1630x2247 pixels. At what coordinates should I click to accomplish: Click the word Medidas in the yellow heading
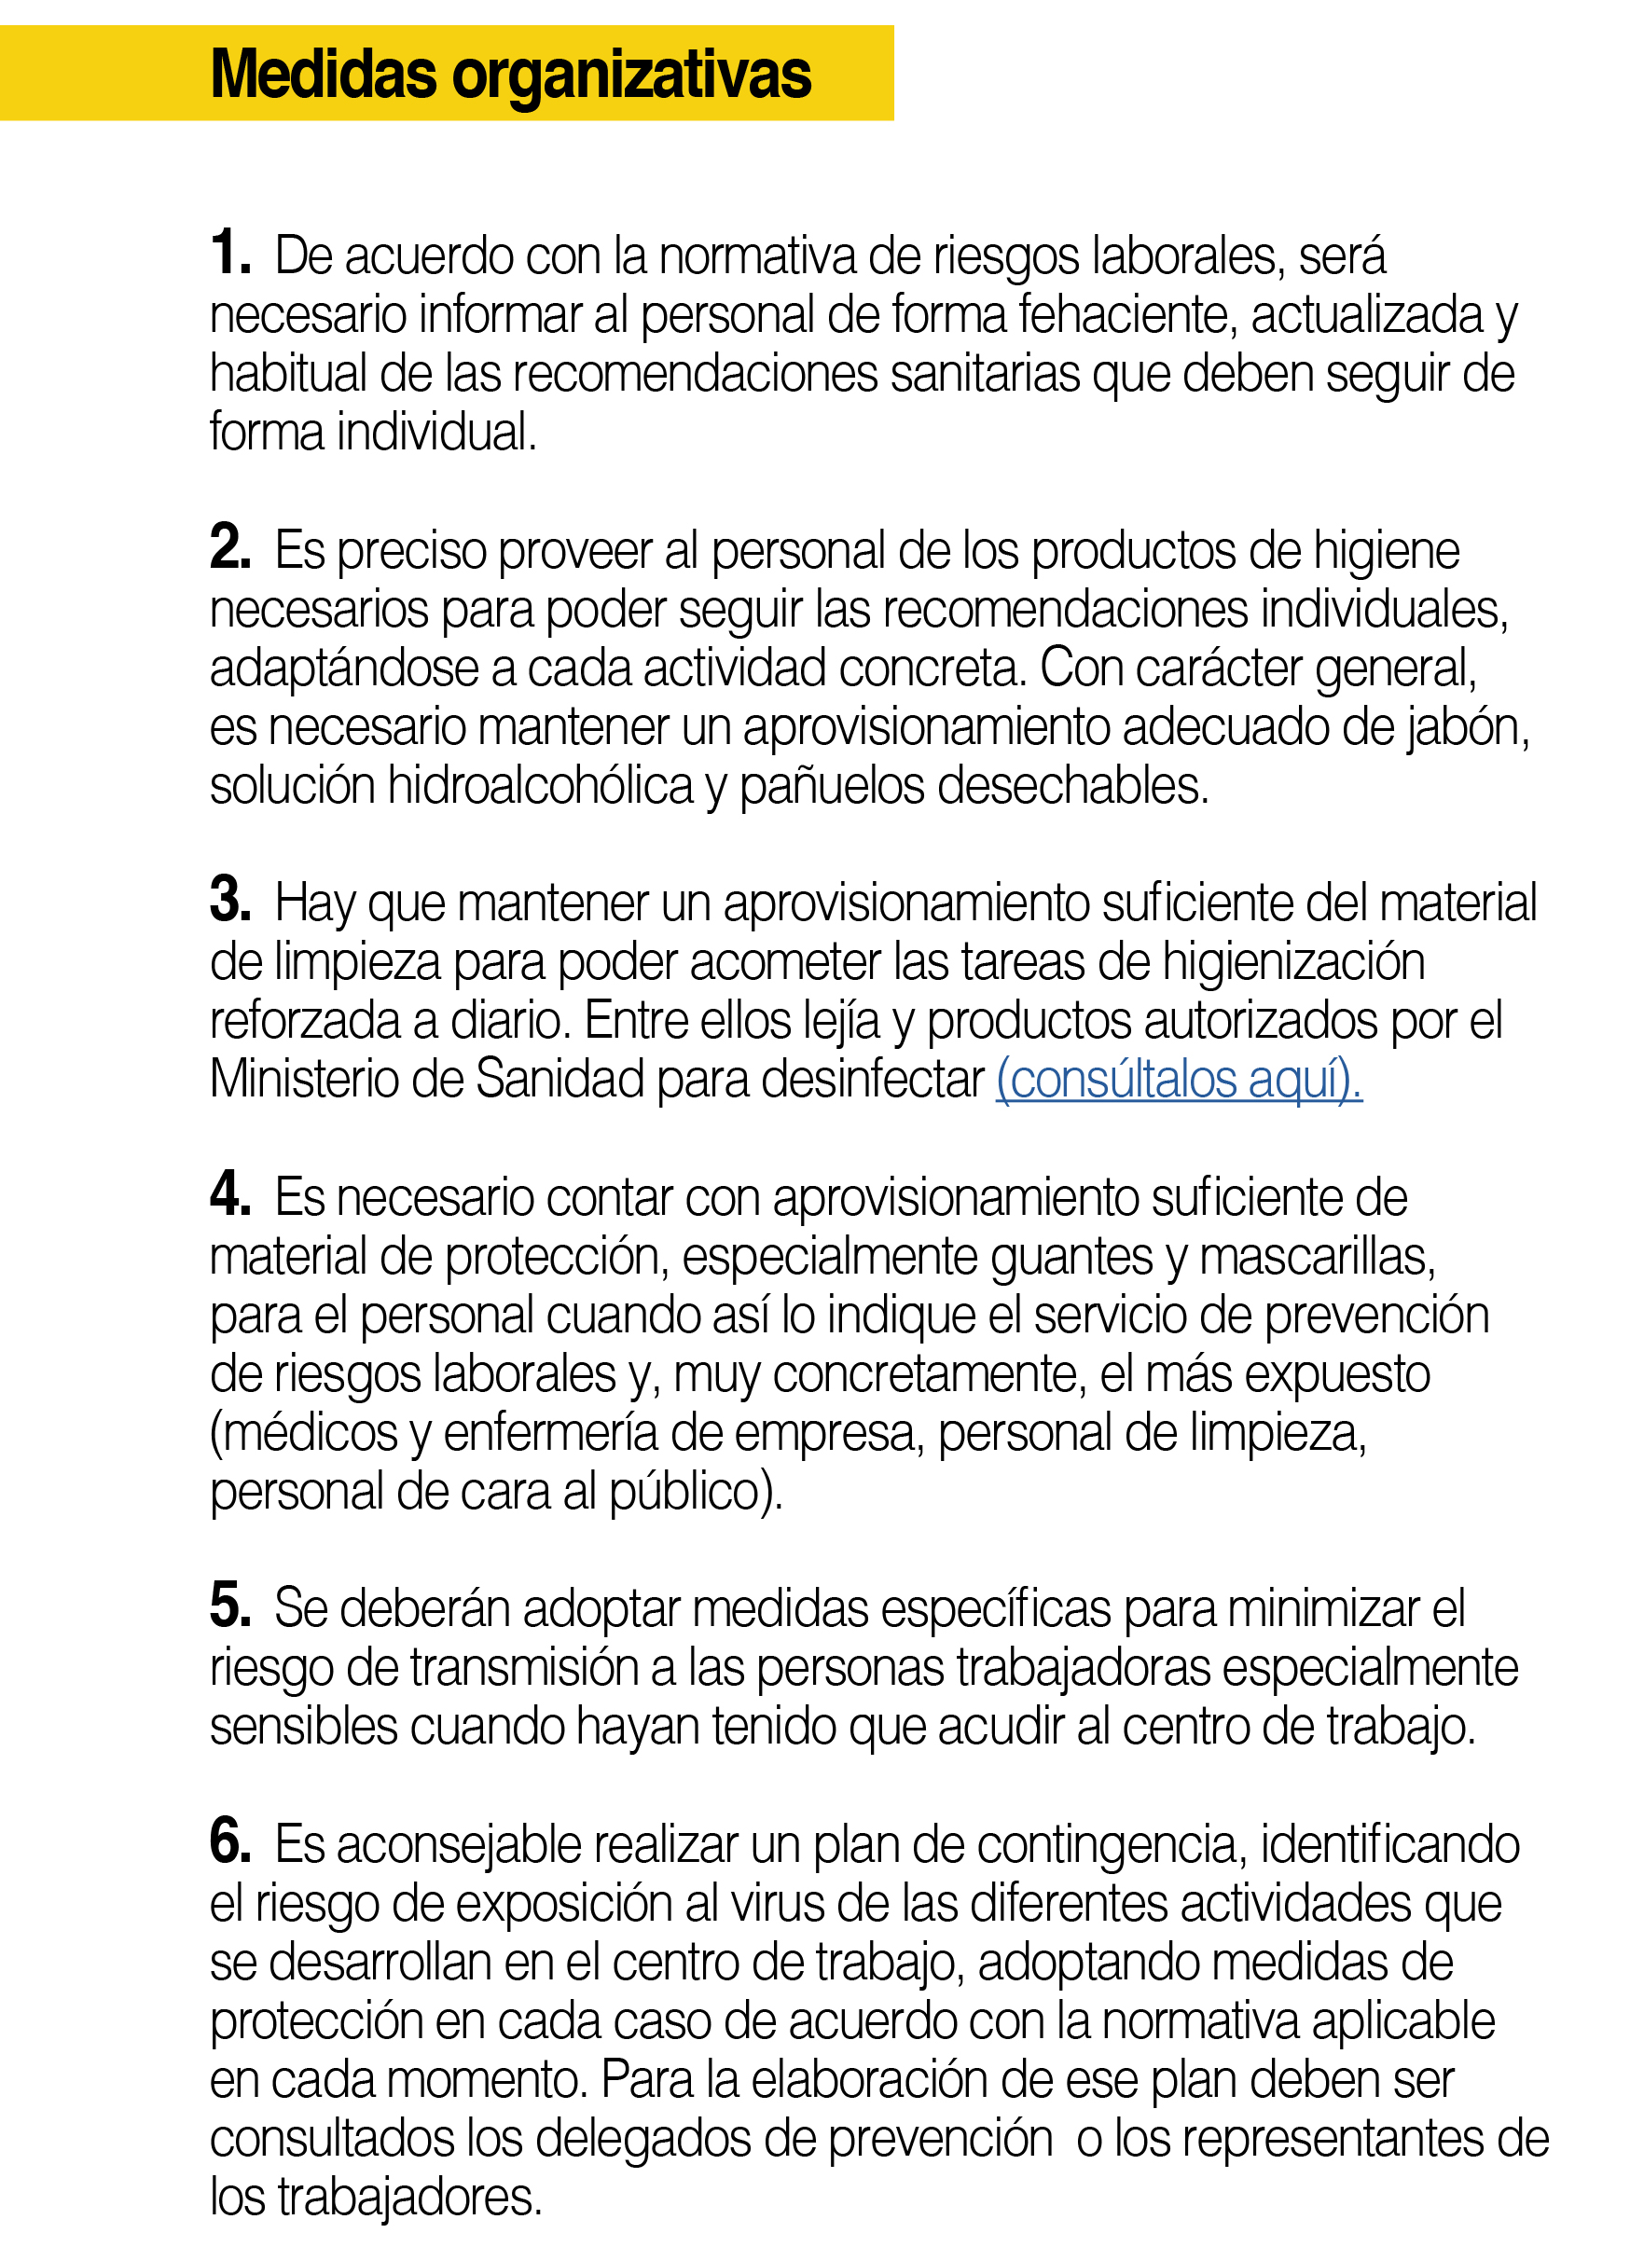[x=323, y=75]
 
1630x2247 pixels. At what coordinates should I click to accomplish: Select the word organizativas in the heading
[x=632, y=76]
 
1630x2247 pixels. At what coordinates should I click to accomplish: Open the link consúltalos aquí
[x=1178, y=1079]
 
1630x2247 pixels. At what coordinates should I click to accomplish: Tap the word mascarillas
[x=1317, y=1256]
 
